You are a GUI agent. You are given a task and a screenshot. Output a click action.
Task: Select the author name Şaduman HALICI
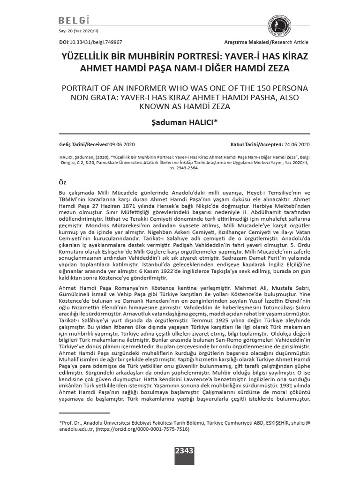pos(180,123)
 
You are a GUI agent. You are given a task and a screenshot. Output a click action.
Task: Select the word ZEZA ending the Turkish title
pos(277,68)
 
